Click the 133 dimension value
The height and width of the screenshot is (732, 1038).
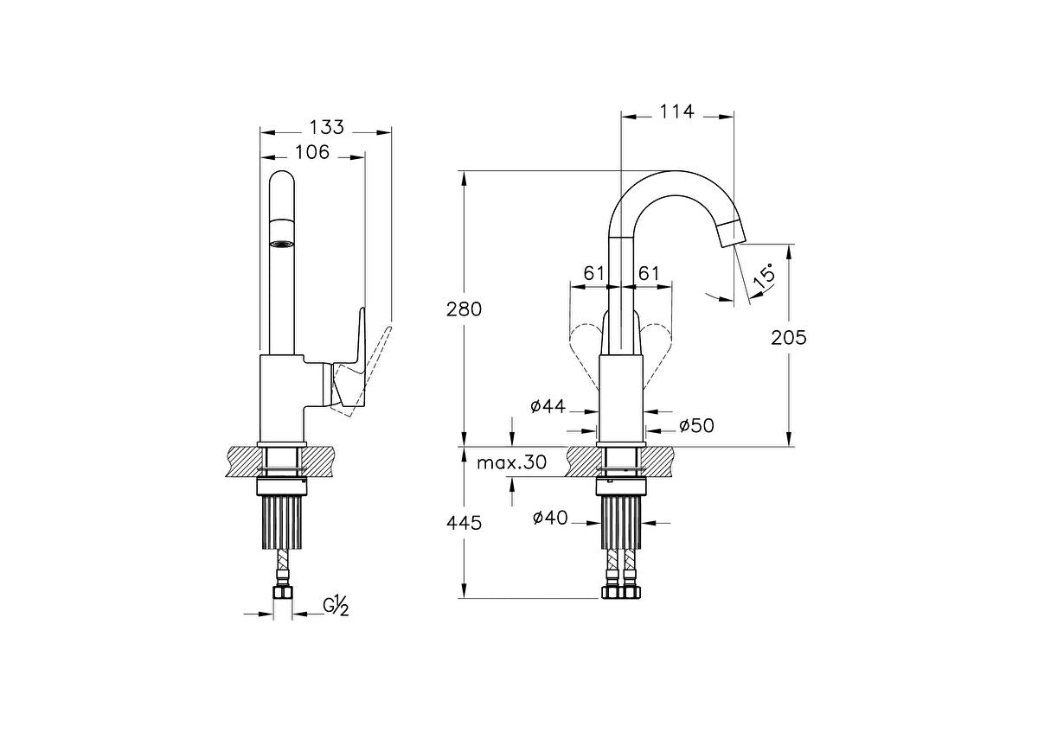pyautogui.click(x=326, y=127)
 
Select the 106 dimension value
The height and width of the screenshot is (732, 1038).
pyautogui.click(x=312, y=153)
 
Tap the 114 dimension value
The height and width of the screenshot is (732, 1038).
pyautogui.click(x=676, y=111)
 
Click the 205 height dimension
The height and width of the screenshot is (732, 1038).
pyautogui.click(x=788, y=337)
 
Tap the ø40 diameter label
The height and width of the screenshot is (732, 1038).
pyautogui.click(x=549, y=518)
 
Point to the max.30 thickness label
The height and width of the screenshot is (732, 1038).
pyautogui.click(x=512, y=462)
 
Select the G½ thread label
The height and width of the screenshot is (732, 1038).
pyautogui.click(x=336, y=607)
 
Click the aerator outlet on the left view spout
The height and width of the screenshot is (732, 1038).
pyautogui.click(x=281, y=244)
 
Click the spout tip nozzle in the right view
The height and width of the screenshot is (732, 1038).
pyautogui.click(x=731, y=232)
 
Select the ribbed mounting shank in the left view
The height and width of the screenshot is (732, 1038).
pyautogui.click(x=281, y=520)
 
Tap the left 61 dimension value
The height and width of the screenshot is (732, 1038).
pyautogui.click(x=593, y=273)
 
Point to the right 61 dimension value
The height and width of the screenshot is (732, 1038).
pyautogui.click(x=650, y=273)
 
